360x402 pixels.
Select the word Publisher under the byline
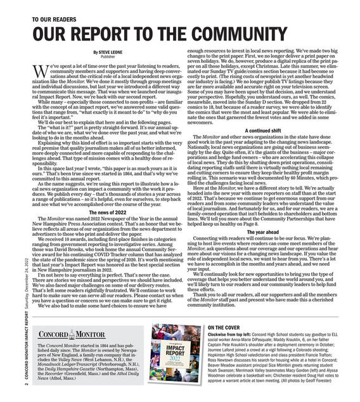[108, 56]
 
